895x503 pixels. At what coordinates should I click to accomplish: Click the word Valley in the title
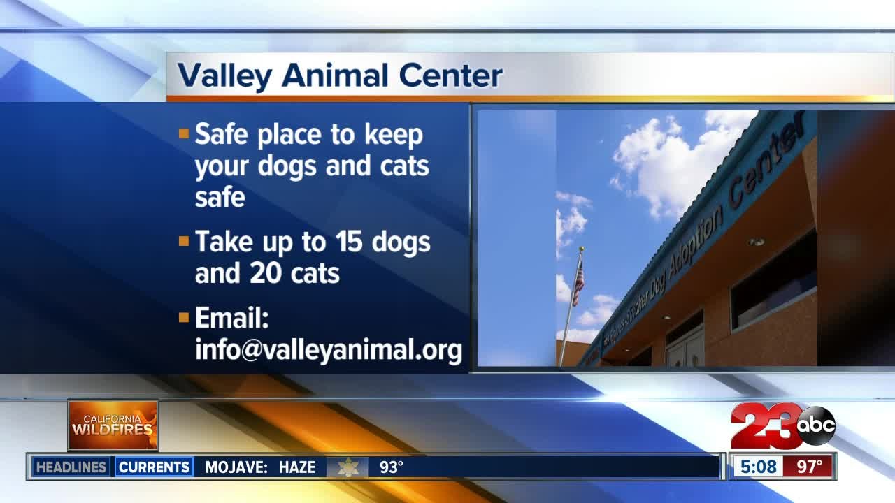pos(222,75)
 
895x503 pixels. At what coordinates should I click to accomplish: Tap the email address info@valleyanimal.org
pos(328,349)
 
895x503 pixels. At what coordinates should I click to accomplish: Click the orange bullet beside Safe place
pos(184,133)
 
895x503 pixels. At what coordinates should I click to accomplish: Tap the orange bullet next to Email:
pos(184,318)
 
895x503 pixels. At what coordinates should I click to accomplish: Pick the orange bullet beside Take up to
pos(184,242)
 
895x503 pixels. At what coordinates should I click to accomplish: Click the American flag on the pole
pos(578,283)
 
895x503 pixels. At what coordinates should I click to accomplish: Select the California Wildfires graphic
pos(113,425)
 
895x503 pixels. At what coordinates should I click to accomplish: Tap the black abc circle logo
pos(816,425)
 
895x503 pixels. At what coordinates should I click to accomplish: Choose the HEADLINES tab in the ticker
pos(71,467)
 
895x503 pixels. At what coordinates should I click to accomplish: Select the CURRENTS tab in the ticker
pos(154,467)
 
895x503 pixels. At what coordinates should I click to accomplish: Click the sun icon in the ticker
pos(348,467)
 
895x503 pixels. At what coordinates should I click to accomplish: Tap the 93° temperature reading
pos(391,467)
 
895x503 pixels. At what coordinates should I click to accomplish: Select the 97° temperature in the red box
pos(809,467)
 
